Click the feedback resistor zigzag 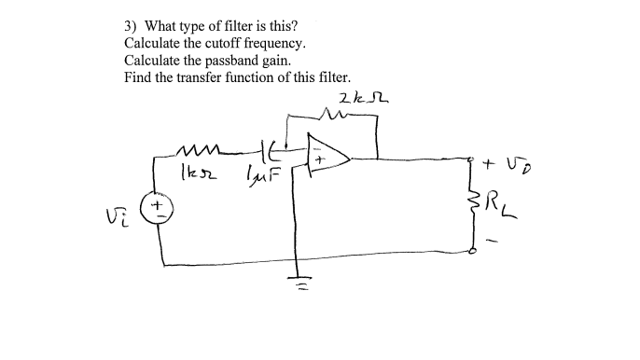(333, 116)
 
